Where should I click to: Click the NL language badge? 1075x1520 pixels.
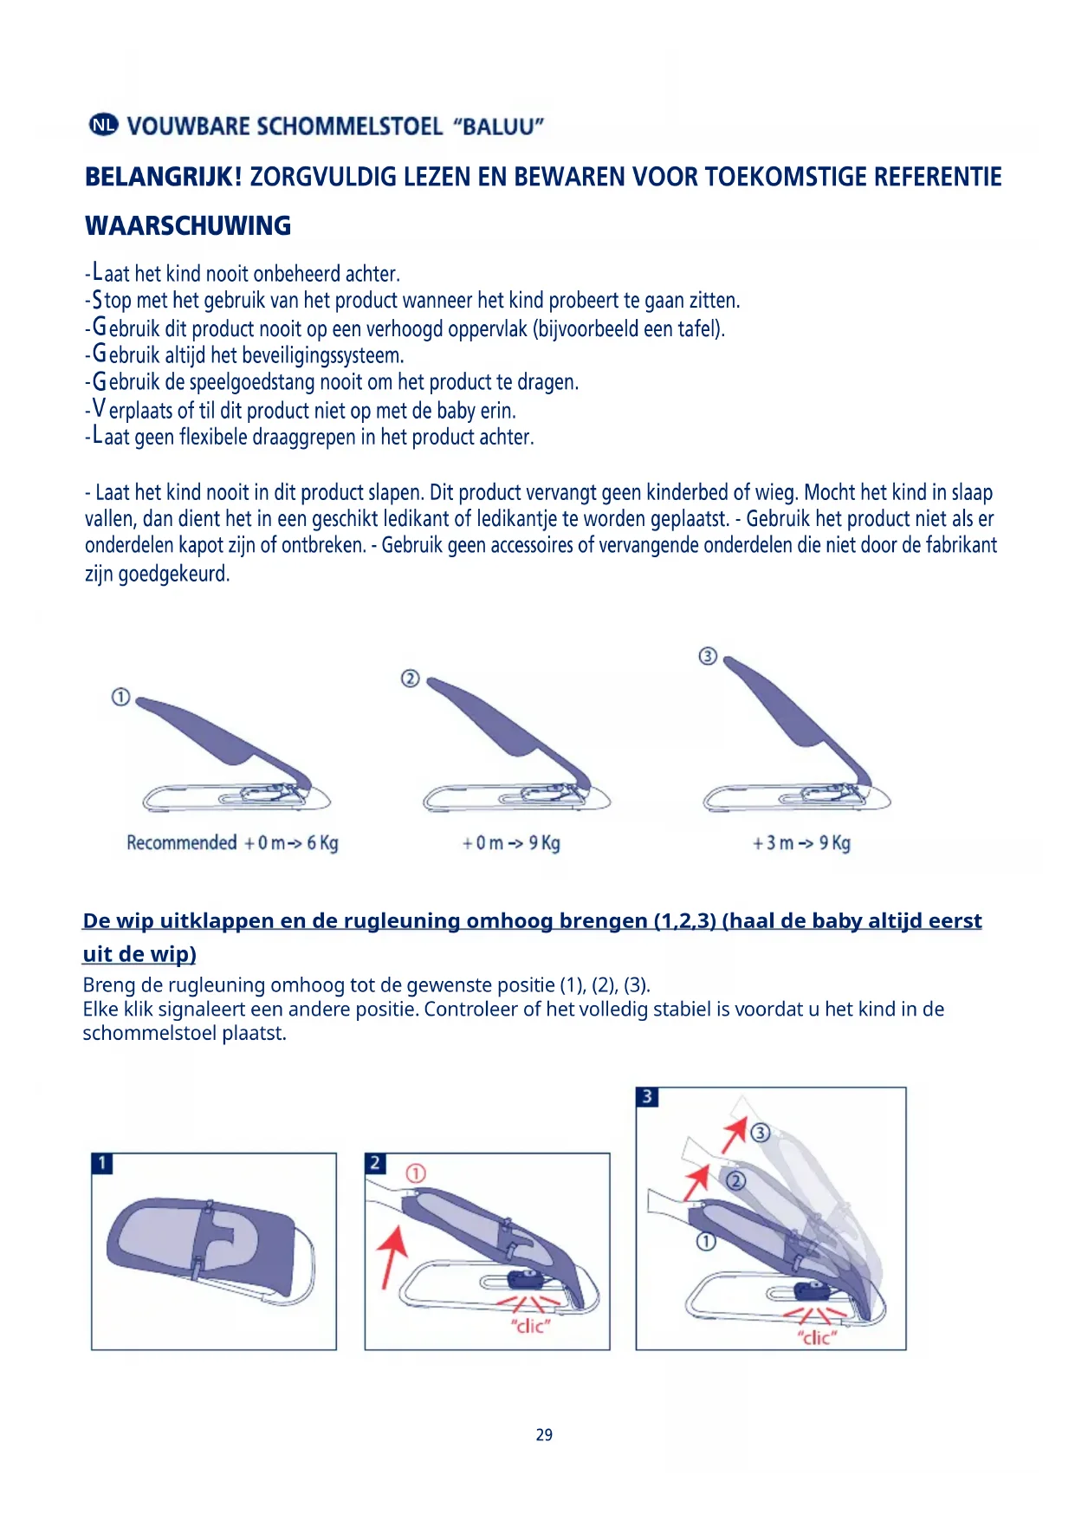pyautogui.click(x=102, y=125)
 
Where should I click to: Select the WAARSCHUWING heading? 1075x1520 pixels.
pyautogui.click(x=188, y=225)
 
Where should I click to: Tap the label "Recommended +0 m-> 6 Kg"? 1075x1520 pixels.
pyautogui.click(x=232, y=842)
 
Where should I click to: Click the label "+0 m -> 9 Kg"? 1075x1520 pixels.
pyautogui.click(x=510, y=842)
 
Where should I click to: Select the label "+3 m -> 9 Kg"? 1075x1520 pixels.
pyautogui.click(x=800, y=842)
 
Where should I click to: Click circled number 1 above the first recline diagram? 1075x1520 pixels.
pyautogui.click(x=121, y=697)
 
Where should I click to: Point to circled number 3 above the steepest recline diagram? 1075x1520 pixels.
pyautogui.click(x=708, y=656)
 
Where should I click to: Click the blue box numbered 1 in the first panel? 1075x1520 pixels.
pyautogui.click(x=102, y=1163)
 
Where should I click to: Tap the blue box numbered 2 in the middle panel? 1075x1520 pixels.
pyautogui.click(x=375, y=1163)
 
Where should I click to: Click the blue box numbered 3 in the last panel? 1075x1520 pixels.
pyautogui.click(x=647, y=1097)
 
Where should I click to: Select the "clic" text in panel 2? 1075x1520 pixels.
pyautogui.click(x=530, y=1326)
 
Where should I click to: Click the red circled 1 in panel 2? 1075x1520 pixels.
pyautogui.click(x=416, y=1174)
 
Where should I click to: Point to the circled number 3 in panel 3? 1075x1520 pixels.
pyautogui.click(x=760, y=1133)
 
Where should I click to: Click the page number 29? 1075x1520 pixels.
pyautogui.click(x=544, y=1435)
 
